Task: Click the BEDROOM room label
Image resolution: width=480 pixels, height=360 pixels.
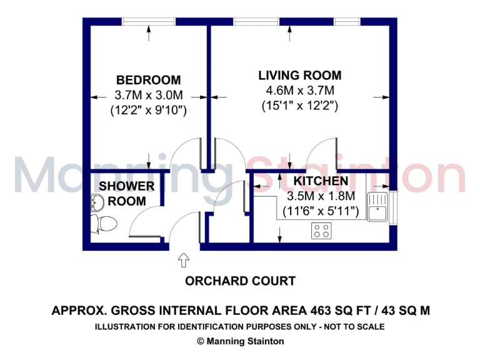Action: pos(148,80)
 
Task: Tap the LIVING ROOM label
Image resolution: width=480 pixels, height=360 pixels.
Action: pos(300,76)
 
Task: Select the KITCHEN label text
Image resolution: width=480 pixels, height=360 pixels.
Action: pos(321,181)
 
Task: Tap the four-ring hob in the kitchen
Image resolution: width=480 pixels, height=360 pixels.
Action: pos(321,231)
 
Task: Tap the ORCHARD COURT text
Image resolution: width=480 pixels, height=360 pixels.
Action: pos(240,281)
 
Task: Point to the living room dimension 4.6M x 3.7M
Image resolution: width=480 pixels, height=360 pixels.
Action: pos(300,91)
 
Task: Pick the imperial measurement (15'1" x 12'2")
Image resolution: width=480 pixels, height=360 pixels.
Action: pos(300,106)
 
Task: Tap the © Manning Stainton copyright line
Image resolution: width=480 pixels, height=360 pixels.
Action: pos(240,341)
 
